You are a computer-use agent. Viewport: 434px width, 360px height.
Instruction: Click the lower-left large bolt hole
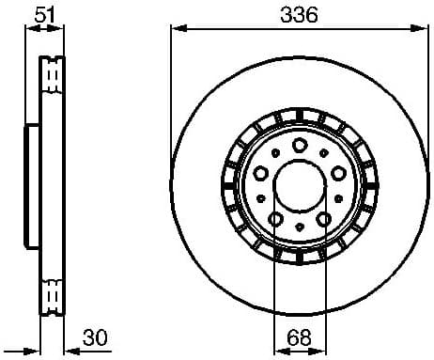(275, 219)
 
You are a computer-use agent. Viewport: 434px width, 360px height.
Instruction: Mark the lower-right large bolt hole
(324, 219)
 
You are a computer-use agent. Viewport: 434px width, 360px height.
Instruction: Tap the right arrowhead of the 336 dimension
(421, 29)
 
